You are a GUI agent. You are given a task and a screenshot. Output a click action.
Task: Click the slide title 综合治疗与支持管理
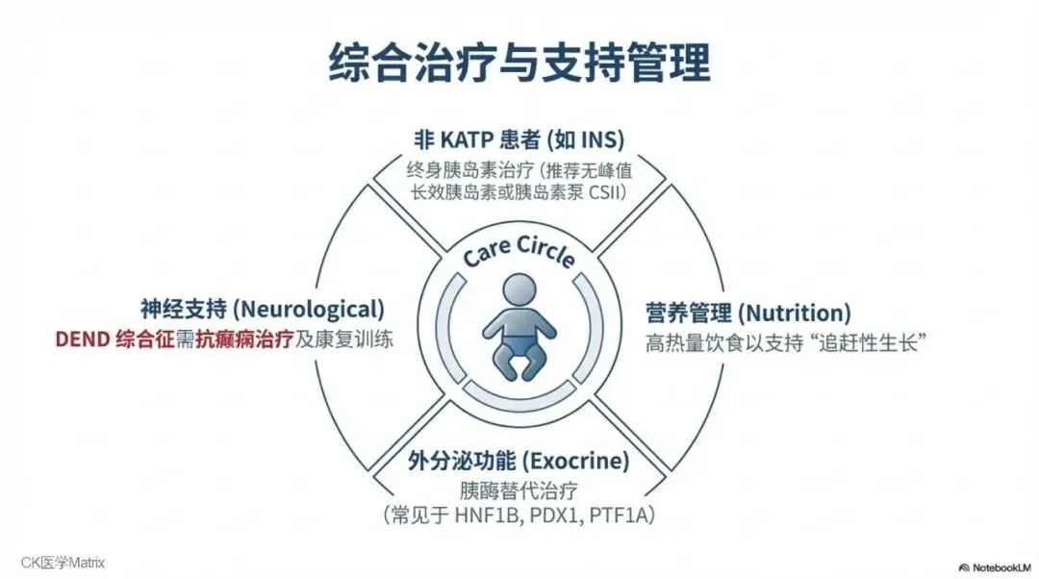pyautogui.click(x=519, y=63)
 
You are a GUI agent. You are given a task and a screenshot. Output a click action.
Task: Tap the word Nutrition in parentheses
pyautogui.click(x=795, y=313)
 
